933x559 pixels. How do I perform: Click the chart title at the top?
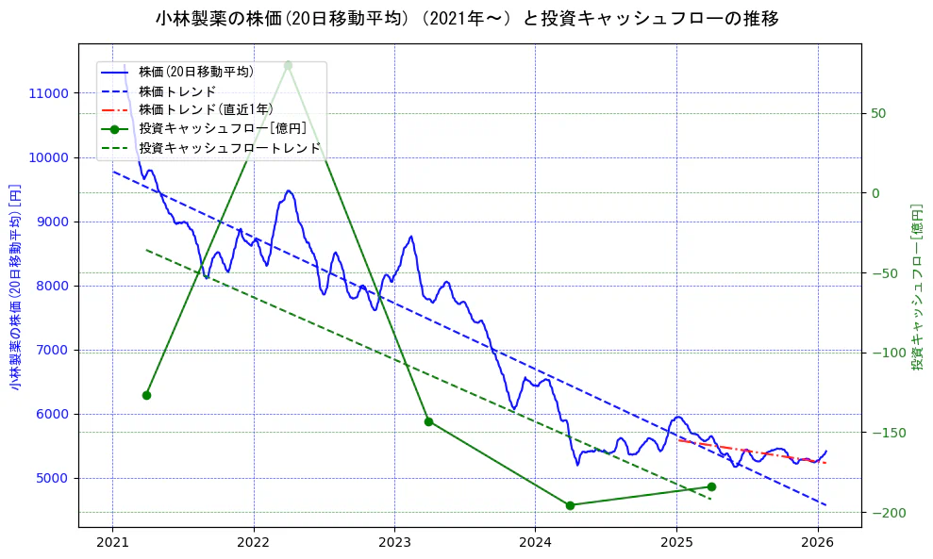click(x=466, y=18)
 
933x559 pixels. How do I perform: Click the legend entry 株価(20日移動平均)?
click(x=195, y=72)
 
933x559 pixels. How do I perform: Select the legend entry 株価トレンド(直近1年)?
click(x=206, y=109)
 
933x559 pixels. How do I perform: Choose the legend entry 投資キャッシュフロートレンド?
click(x=229, y=148)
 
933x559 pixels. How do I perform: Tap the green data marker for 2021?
click(x=146, y=395)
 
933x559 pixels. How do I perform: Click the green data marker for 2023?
click(x=428, y=421)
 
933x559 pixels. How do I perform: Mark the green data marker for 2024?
click(x=570, y=505)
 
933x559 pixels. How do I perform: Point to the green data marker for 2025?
click(x=711, y=486)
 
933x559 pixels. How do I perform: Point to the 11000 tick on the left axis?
click(x=48, y=93)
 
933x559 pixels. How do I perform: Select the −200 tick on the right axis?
click(x=885, y=513)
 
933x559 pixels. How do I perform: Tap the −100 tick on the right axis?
click(x=885, y=353)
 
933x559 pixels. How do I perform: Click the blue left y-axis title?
click(x=15, y=287)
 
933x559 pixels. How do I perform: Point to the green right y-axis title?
click(x=916, y=287)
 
